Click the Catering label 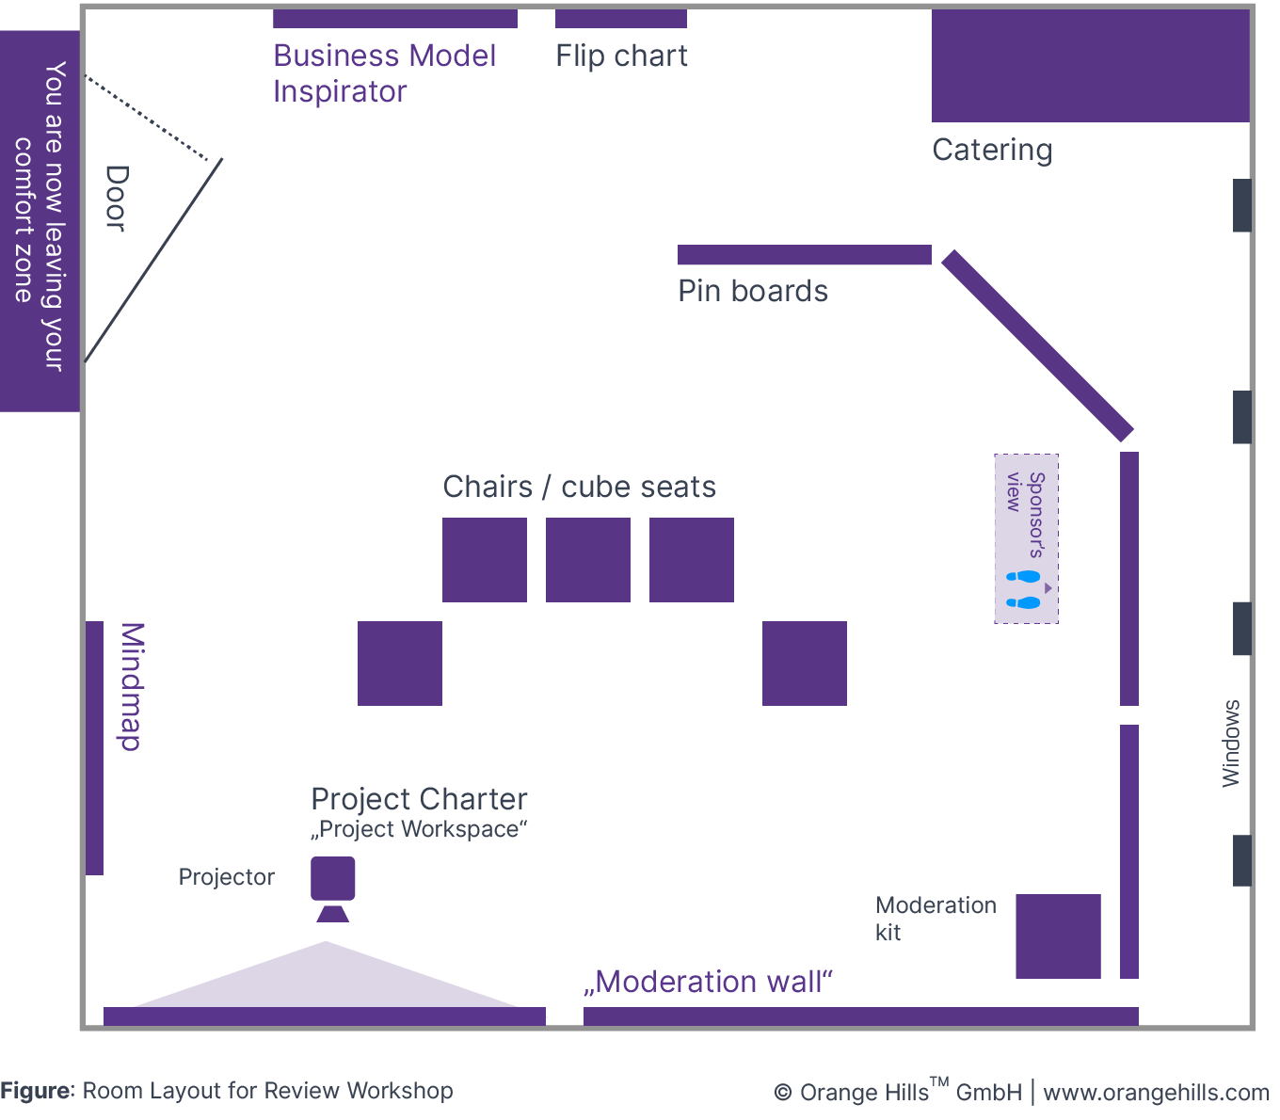click(x=992, y=151)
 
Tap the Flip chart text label click(x=621, y=56)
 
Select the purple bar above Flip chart click(x=621, y=19)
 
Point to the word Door click(x=116, y=198)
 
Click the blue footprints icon click(x=1023, y=589)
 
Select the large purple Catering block click(x=1090, y=66)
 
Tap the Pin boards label click(x=753, y=291)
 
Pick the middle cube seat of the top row click(x=588, y=560)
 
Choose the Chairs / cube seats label click(x=579, y=487)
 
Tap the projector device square click(x=333, y=878)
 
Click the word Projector click(x=227, y=877)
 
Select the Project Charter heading click(x=419, y=799)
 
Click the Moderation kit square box click(x=1058, y=936)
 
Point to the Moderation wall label click(x=708, y=982)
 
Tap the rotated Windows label click(x=1230, y=744)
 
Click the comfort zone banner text click(x=40, y=216)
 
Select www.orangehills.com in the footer click(x=1156, y=1093)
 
